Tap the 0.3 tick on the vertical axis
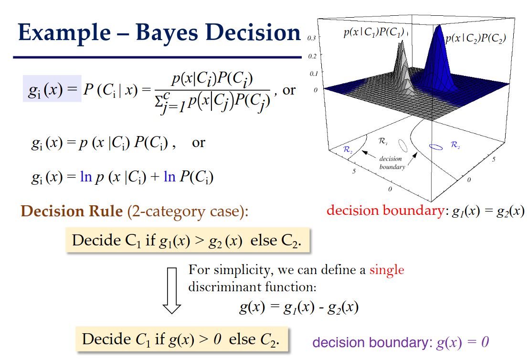[311, 38]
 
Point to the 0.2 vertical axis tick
[312, 56]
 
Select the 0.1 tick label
[314, 74]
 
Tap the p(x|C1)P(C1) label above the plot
[374, 32]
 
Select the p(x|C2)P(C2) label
[476, 39]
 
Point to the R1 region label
[383, 141]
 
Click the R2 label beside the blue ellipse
[455, 145]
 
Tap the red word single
[387, 270]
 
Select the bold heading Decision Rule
[72, 211]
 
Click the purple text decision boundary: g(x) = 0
[401, 342]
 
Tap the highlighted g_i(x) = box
[52, 88]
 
